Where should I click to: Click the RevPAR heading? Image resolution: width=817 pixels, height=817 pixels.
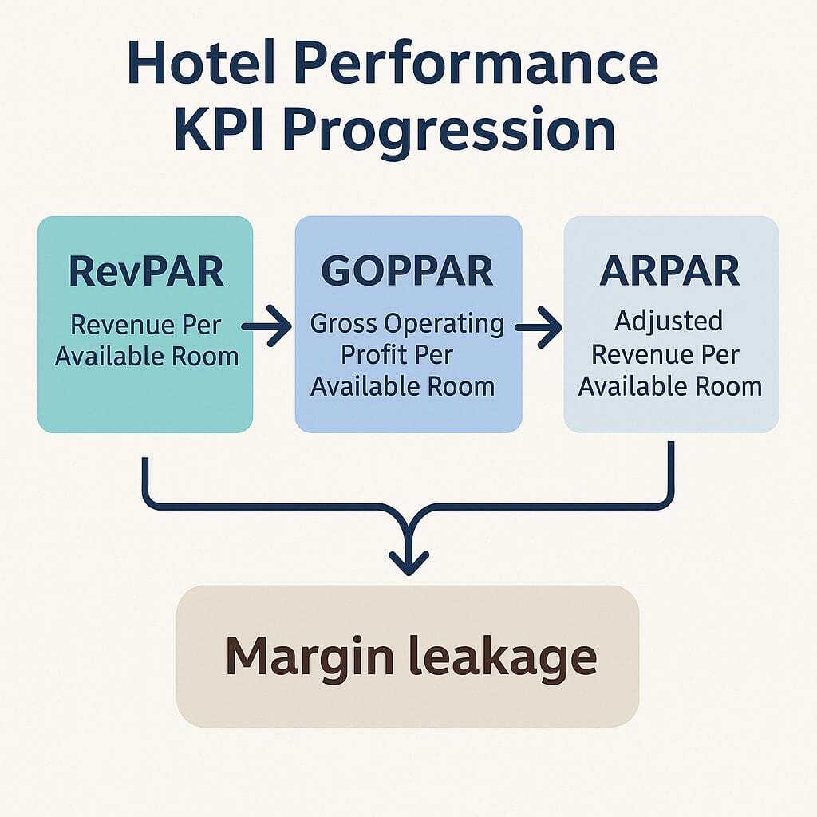coord(146,271)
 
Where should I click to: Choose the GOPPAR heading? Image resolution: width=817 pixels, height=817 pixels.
coord(407,271)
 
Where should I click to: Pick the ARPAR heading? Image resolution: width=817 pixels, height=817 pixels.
coord(670,271)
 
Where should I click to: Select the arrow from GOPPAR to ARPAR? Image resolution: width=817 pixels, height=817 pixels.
coord(539,326)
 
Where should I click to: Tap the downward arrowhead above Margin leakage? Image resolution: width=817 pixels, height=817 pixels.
coord(408,558)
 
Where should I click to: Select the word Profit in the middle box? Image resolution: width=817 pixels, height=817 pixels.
coord(373,355)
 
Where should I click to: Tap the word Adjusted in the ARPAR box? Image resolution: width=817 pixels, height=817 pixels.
coord(669,322)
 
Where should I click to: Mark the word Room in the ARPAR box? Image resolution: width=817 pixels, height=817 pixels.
coord(726,387)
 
